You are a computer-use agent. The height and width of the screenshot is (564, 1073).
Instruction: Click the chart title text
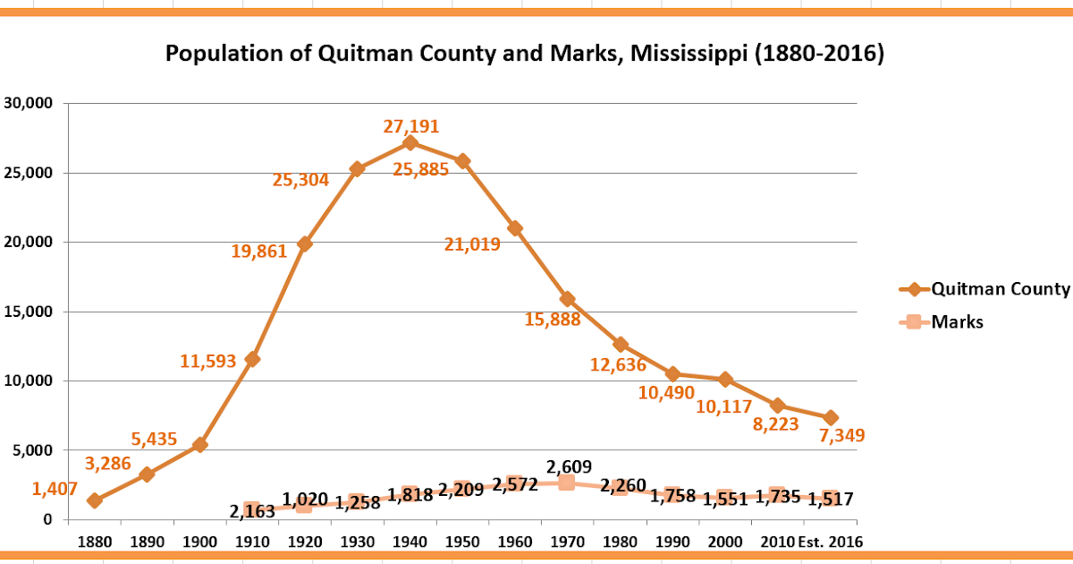(x=525, y=55)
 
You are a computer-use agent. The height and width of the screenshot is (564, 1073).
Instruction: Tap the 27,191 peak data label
(x=411, y=126)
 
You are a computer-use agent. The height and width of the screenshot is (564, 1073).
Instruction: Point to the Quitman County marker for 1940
(x=410, y=143)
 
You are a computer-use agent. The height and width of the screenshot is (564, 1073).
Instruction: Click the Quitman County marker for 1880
(x=95, y=500)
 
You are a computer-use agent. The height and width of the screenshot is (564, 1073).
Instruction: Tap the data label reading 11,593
(x=208, y=362)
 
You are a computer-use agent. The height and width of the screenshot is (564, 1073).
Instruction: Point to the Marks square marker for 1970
(x=566, y=483)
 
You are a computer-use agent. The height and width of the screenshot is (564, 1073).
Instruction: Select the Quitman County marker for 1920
(x=304, y=244)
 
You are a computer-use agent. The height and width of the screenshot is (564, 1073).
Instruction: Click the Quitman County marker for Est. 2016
(x=830, y=418)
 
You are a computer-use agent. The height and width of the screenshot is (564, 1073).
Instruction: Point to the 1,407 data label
(x=55, y=489)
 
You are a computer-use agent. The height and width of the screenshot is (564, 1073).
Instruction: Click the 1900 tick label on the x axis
(x=199, y=543)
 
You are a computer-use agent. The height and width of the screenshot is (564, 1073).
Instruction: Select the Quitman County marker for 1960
(x=514, y=228)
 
